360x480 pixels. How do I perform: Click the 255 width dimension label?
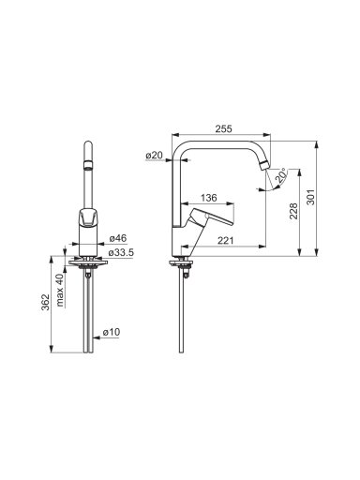(x=224, y=128)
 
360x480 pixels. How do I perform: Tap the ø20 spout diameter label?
(x=155, y=155)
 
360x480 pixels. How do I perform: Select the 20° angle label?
(x=280, y=175)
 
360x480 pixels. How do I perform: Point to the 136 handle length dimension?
(x=208, y=198)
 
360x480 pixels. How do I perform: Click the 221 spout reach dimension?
(x=225, y=240)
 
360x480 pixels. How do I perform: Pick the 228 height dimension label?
(x=293, y=211)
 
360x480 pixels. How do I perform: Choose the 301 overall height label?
(x=311, y=197)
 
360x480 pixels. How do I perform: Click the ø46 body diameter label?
(x=118, y=238)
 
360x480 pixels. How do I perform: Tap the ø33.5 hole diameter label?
(x=121, y=252)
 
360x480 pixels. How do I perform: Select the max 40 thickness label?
(x=60, y=290)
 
